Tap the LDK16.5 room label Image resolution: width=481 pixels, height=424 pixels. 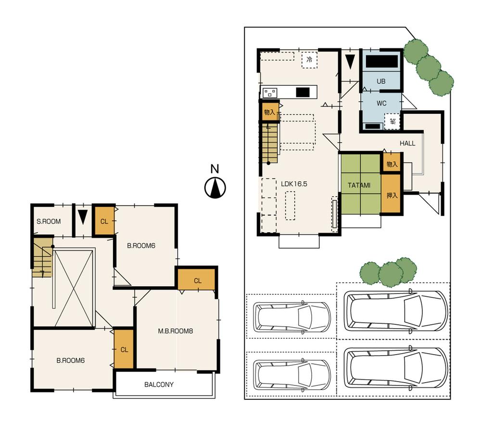tap(294, 184)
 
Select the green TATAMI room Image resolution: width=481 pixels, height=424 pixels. tap(360, 185)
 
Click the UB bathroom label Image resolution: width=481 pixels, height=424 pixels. tap(381, 81)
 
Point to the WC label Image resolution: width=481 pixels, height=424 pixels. tap(381, 103)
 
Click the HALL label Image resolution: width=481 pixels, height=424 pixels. tap(407, 144)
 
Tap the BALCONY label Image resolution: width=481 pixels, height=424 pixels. tap(159, 384)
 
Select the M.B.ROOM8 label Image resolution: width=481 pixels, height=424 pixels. tap(176, 331)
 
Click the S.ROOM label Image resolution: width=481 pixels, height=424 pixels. tap(49, 222)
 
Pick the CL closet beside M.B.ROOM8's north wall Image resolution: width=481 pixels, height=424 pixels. tap(197, 280)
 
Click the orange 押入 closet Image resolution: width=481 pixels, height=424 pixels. tap(392, 195)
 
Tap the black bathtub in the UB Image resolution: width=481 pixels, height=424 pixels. tap(382, 62)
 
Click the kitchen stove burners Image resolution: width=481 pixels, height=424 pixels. tap(270, 93)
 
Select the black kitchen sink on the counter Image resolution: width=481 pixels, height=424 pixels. tap(303, 92)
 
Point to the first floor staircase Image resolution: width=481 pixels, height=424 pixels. tap(270, 142)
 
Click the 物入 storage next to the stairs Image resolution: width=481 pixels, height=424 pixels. tap(269, 112)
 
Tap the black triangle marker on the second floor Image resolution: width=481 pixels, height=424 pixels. tap(83, 217)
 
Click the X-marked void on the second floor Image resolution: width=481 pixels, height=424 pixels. tap(73, 288)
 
